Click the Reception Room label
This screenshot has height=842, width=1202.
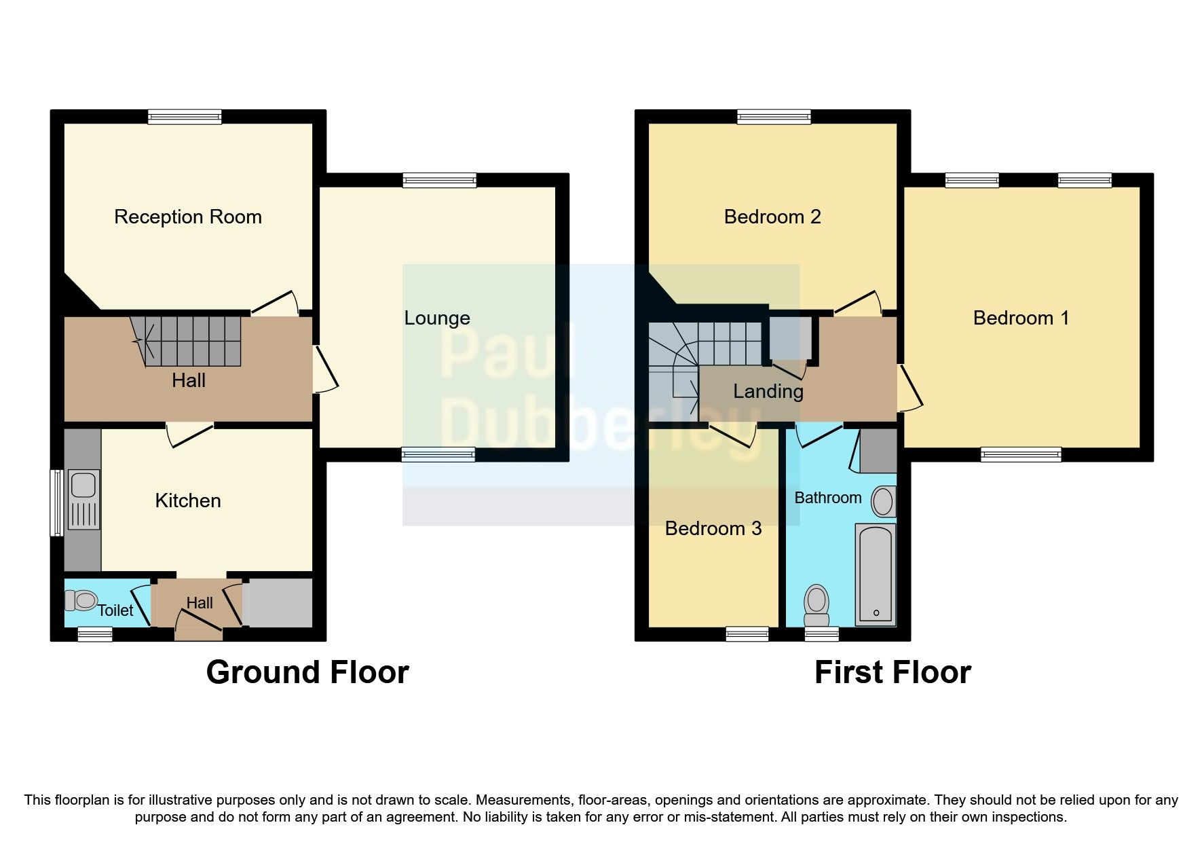coord(187,217)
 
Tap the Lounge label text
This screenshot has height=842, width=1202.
coord(436,318)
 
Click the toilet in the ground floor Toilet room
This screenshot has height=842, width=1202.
coord(81,600)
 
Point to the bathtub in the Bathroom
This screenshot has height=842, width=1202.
coord(875,574)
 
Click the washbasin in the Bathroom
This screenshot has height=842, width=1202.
coord(883,502)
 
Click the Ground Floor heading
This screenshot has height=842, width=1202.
coord(307,672)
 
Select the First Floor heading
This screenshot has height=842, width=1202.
coord(892,672)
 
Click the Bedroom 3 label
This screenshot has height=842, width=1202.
coord(713,528)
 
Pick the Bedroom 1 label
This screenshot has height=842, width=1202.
coord(1021,318)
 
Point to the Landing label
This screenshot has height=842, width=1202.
coord(768,391)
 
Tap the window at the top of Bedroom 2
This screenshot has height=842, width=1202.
coord(774,117)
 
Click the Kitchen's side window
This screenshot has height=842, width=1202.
coord(58,502)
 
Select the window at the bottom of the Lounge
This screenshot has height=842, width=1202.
coord(438,455)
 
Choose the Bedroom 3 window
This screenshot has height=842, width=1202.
coord(747,634)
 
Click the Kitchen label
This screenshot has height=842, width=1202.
coord(188,500)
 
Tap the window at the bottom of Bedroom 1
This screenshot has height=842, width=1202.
coord(1020,455)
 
